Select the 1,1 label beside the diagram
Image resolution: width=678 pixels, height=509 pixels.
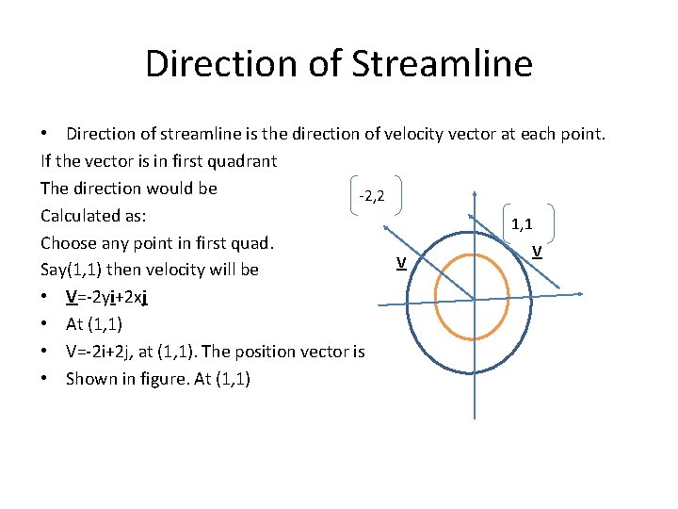pyautogui.click(x=522, y=224)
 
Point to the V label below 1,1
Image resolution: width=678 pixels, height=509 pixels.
pyautogui.click(x=536, y=251)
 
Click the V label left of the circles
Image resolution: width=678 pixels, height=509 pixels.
pyautogui.click(x=401, y=261)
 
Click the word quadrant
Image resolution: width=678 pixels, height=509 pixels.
pyautogui.click(x=242, y=161)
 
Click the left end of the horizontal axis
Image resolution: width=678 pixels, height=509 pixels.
pyautogui.click(x=379, y=304)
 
